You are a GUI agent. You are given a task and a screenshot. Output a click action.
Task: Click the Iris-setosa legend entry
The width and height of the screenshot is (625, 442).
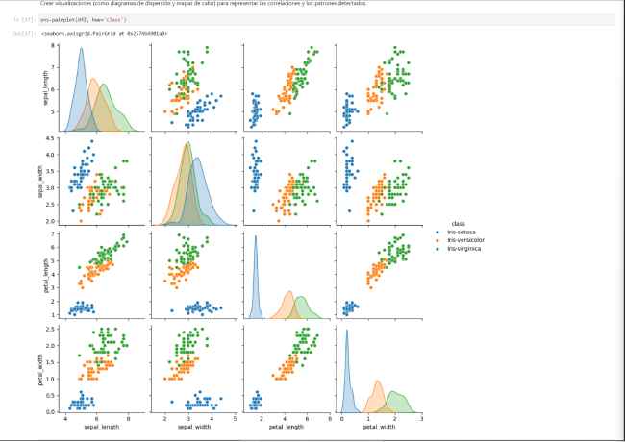coord(462,233)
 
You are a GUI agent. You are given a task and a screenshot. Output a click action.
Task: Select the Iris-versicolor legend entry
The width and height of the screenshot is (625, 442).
coord(464,240)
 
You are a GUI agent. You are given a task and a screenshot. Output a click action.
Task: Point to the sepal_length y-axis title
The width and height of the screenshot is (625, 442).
coord(45,87)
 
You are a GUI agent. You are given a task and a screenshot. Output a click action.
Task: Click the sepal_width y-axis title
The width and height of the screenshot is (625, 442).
coord(45,181)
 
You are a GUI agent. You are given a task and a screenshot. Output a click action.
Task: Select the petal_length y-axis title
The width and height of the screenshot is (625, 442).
coord(45,274)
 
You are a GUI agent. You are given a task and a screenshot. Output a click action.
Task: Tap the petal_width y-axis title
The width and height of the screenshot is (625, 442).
coord(45,367)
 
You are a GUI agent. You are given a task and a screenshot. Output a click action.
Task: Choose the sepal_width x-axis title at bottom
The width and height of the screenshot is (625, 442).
coord(194,426)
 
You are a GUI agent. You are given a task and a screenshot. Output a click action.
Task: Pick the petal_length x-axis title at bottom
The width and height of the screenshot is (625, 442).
coord(287,426)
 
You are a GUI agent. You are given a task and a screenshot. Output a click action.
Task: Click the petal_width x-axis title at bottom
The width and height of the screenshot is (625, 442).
coord(379,426)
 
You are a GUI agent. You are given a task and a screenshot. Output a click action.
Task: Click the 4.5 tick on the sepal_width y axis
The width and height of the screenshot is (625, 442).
coord(54,140)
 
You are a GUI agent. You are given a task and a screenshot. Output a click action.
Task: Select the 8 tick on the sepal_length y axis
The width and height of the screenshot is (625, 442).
coord(56,46)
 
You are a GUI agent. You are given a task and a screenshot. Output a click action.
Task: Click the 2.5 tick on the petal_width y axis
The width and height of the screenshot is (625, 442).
coord(54,328)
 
